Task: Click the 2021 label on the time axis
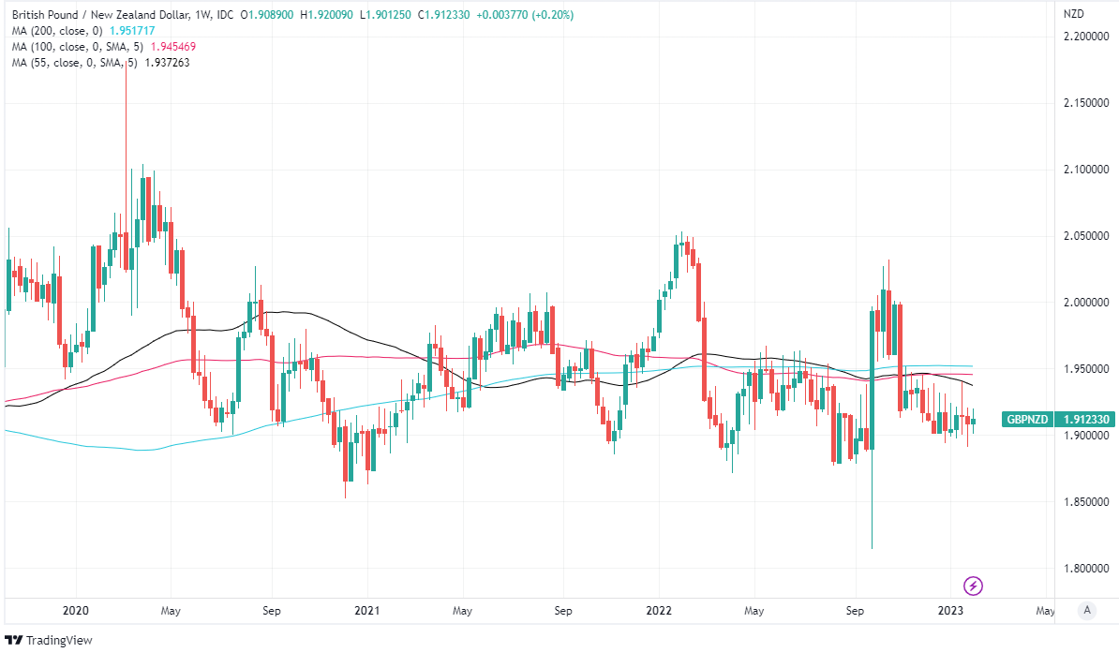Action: pyautogui.click(x=366, y=611)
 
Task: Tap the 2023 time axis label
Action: pyautogui.click(x=951, y=611)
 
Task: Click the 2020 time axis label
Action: pyautogui.click(x=74, y=611)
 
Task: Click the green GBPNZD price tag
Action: pyautogui.click(x=1028, y=420)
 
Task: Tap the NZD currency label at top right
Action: pyautogui.click(x=1074, y=14)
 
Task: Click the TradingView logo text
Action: pyautogui.click(x=52, y=640)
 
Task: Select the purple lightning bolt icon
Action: pyautogui.click(x=974, y=586)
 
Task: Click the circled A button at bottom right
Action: pyautogui.click(x=1086, y=610)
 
